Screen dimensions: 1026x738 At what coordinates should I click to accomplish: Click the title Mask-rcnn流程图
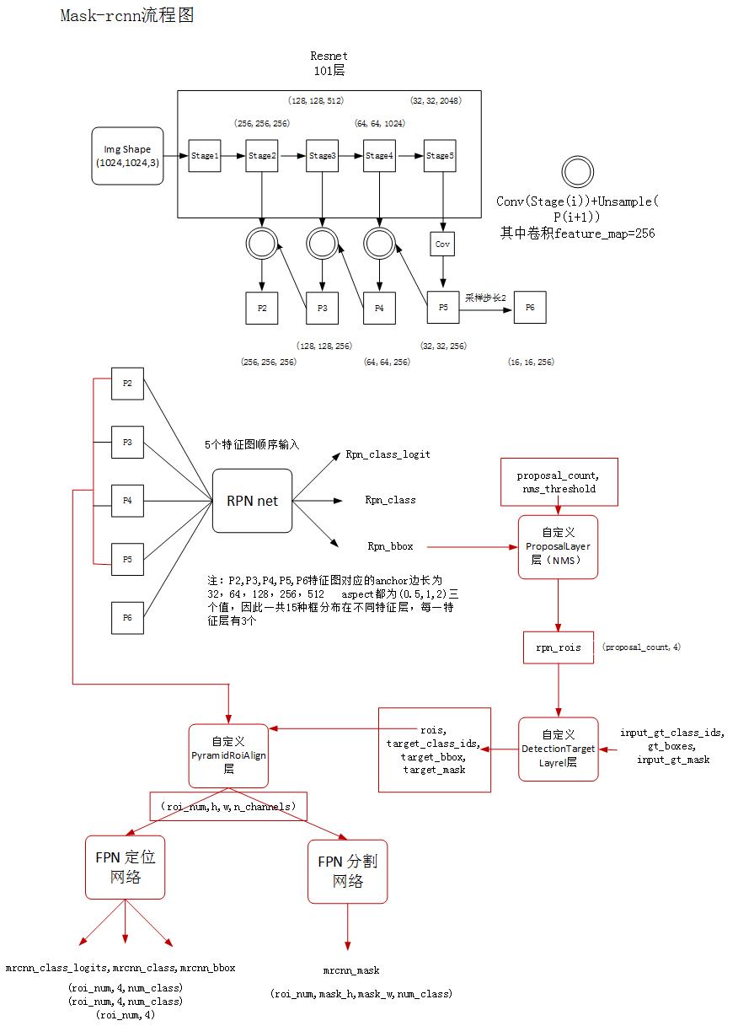[x=127, y=16]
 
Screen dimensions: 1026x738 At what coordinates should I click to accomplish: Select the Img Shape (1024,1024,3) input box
[x=127, y=156]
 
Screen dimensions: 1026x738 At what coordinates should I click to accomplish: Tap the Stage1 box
[x=204, y=156]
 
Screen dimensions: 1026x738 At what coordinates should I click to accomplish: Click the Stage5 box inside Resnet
[x=439, y=156]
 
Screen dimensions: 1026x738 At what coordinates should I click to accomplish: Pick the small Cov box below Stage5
[x=442, y=244]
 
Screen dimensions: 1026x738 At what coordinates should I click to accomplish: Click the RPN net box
[x=252, y=501]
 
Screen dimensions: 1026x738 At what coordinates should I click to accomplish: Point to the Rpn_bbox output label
[x=390, y=546]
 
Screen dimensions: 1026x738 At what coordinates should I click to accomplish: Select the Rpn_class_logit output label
[x=388, y=454]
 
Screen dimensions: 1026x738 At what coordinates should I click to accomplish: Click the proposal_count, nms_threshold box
[x=559, y=482]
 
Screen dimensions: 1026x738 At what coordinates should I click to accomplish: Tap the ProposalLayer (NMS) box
[x=558, y=547]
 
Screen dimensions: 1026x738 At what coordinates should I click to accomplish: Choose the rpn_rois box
[x=558, y=647]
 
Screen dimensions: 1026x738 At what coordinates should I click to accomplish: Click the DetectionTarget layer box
[x=558, y=749]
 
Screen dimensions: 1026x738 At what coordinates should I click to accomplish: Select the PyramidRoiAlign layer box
[x=228, y=749]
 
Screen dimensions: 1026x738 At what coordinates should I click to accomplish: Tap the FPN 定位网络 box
[x=125, y=868]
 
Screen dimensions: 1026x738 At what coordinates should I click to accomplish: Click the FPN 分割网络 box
[x=347, y=872]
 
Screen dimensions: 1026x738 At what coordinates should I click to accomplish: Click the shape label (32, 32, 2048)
[x=436, y=100]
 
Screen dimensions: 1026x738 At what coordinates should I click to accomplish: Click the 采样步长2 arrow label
[x=485, y=298]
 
